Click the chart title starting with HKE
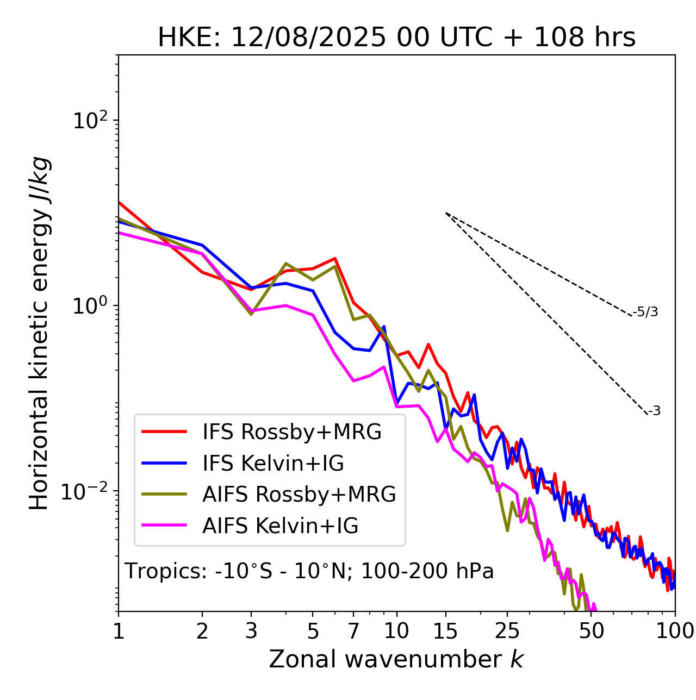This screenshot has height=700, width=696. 396,37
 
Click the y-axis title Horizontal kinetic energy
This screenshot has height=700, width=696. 39,334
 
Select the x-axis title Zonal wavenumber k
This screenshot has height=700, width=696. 396,659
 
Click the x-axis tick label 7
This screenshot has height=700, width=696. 353,631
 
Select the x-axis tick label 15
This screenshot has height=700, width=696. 445,631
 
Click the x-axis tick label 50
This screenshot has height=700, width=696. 591,631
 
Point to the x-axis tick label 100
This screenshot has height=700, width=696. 675,631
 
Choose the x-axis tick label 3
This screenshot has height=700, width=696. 251,631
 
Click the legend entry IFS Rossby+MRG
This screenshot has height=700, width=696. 291,432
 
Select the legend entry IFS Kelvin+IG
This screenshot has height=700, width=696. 273,464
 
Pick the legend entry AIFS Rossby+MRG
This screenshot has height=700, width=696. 299,495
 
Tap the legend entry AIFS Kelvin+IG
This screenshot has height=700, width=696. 280,526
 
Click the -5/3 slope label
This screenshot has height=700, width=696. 646,312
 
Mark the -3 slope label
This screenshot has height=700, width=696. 654,411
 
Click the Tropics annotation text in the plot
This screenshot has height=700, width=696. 309,572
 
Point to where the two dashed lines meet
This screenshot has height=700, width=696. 446,213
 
